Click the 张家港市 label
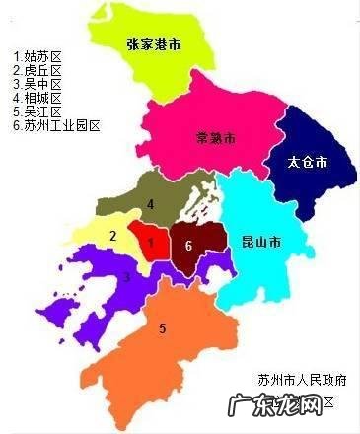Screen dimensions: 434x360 (154, 45)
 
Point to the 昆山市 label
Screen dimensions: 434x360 (260, 241)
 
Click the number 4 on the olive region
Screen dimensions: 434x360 (151, 205)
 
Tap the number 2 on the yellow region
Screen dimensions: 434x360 (113, 236)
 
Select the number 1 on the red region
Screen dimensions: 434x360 (151, 241)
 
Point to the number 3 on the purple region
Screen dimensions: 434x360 (126, 277)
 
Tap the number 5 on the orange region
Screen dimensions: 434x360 (163, 328)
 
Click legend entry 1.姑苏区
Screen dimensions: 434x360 (36, 57)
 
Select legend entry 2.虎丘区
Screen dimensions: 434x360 (36, 71)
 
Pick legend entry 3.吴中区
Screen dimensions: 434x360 (36, 85)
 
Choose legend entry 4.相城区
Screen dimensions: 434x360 (36, 99)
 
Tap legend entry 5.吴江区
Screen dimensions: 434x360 (36, 112)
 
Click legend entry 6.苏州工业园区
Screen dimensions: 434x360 (56, 126)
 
